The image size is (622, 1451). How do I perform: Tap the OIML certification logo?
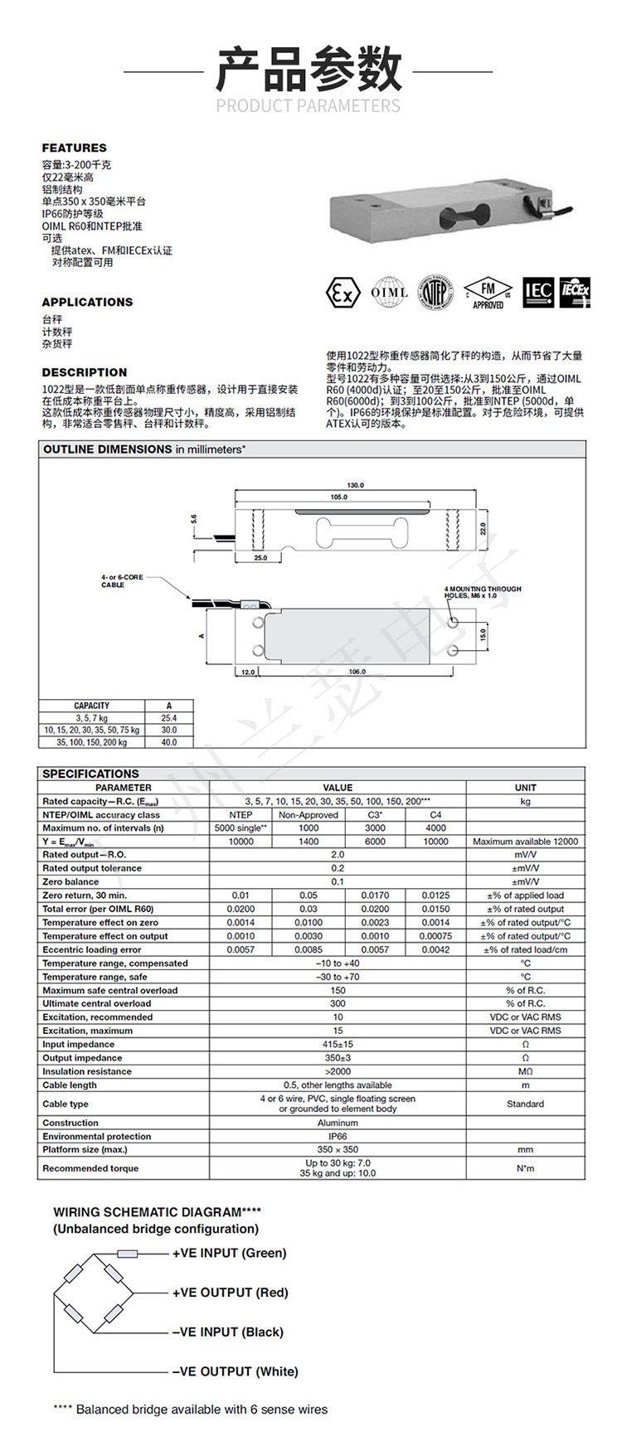pos(389,292)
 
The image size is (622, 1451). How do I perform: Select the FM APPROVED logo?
pos(488,294)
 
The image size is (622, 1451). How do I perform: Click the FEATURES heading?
pos(75,148)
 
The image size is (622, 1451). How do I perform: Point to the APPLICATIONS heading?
pos(87,302)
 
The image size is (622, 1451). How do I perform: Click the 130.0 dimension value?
pos(355,485)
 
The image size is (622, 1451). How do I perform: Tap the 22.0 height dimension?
pos(484,529)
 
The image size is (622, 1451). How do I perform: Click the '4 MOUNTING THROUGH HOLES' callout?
pos(483,592)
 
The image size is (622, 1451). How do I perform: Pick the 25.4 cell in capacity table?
pos(169,718)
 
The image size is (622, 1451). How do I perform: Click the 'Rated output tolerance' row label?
pos(92,868)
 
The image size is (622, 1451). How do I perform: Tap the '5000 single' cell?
pos(241,828)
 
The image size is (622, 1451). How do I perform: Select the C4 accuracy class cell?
pos(435,815)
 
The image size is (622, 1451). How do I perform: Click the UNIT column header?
pos(525,788)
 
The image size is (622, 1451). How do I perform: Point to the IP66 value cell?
pos(338,1137)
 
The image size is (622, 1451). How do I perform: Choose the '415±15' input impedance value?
pos(338,1045)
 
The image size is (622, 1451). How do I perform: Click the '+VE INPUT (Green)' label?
pos(229,1253)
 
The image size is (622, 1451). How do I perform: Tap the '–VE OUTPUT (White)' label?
pos(235,1371)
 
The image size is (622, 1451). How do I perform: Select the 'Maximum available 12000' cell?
pos(525,842)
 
